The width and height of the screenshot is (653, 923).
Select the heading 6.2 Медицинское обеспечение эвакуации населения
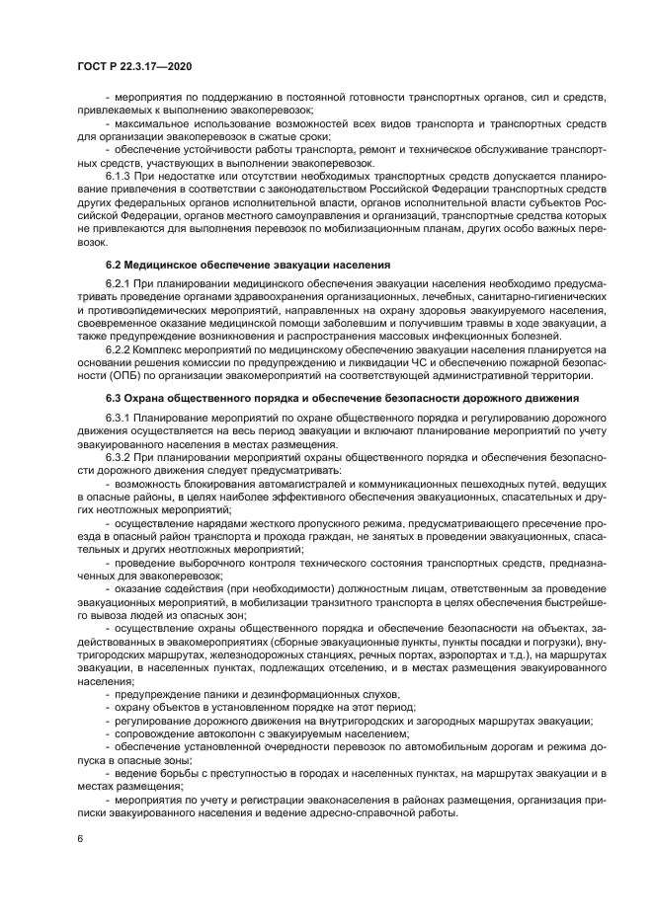point(248,266)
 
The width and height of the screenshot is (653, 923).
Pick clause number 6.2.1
point(122,283)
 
